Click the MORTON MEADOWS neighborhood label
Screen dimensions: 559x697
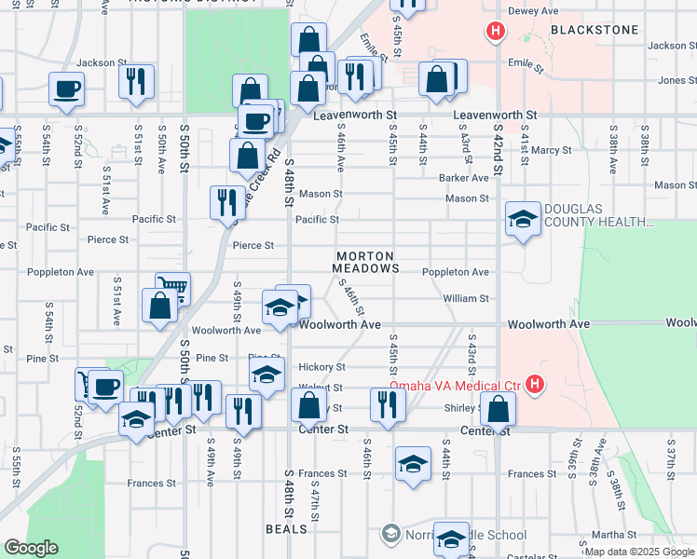coord(365,262)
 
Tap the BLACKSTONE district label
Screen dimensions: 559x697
coord(594,30)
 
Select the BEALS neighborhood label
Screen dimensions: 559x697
coord(286,529)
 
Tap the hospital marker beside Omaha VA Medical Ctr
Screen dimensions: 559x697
coord(534,383)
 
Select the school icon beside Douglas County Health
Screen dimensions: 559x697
coord(523,220)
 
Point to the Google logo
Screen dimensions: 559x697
coord(31,548)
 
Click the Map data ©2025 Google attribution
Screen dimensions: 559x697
coord(639,552)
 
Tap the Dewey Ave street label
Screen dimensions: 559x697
coord(532,12)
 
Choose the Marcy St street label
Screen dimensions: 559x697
coord(552,149)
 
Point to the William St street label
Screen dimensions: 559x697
coord(466,298)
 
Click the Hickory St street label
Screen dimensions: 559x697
coord(321,367)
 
